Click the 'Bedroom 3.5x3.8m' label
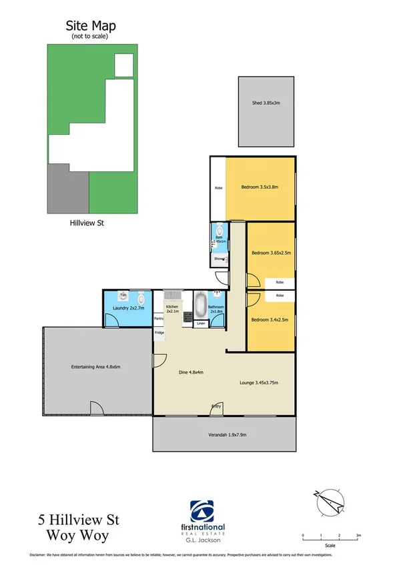click(260, 187)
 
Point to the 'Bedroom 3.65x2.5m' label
click(270, 253)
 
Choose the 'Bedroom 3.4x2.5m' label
click(270, 320)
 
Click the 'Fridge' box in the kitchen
click(159, 332)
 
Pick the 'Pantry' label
click(159, 319)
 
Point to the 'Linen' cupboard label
click(201, 324)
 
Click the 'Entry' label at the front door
click(216, 406)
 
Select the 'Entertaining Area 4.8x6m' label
click(95, 367)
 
